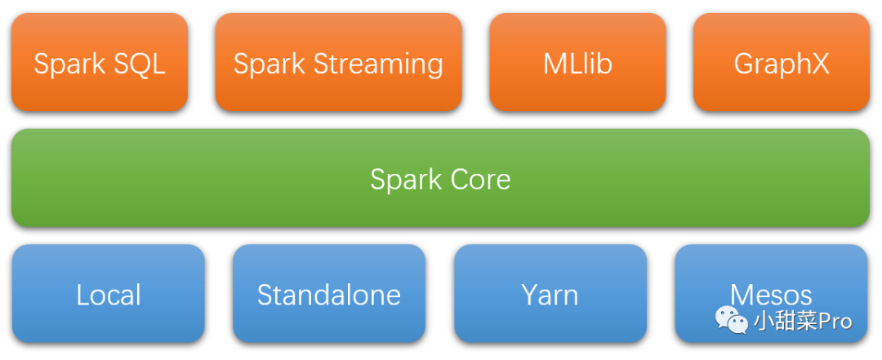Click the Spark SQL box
pyautogui.click(x=100, y=62)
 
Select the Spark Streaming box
pyautogui.click(x=339, y=62)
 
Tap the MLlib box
pyautogui.click(x=577, y=62)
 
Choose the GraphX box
pyautogui.click(x=782, y=62)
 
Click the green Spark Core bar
pyautogui.click(x=440, y=178)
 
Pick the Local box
pyautogui.click(x=108, y=293)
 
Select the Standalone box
pyautogui.click(x=329, y=293)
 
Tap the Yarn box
pyautogui.click(x=550, y=293)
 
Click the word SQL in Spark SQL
pyautogui.click(x=140, y=64)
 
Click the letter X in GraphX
pyautogui.click(x=818, y=64)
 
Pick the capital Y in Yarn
pyautogui.click(x=531, y=296)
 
